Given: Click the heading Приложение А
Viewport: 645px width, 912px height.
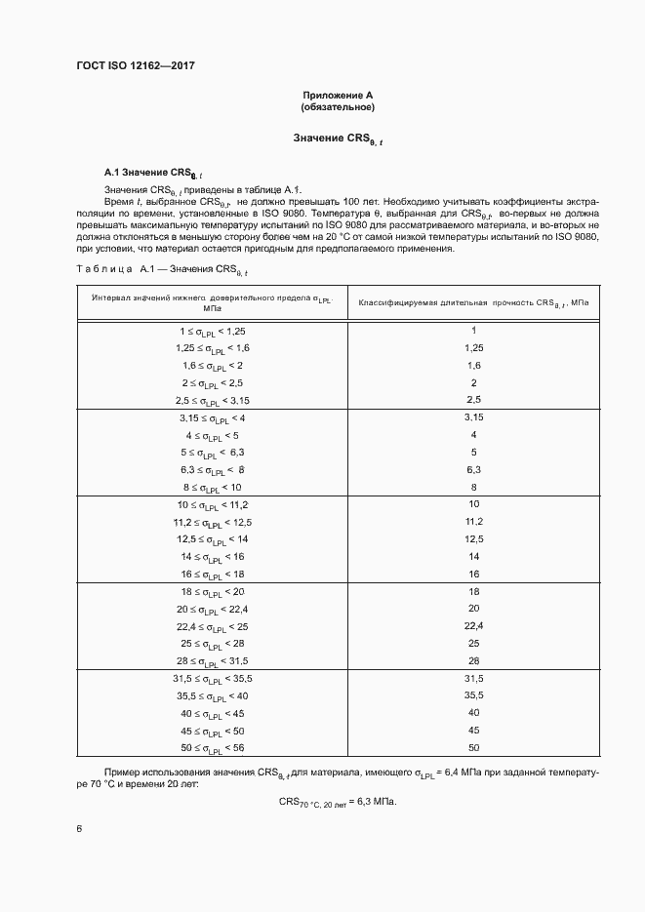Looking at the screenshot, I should [339, 95].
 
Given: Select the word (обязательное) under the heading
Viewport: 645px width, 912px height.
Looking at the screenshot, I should [339, 107].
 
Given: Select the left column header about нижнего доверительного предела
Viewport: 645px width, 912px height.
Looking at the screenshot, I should [212, 303].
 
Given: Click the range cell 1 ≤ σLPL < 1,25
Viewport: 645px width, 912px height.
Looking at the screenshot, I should [212, 332].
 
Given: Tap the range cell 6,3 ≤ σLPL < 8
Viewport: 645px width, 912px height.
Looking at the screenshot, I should [212, 469].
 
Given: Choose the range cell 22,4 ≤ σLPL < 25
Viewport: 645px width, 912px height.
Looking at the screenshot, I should [212, 625].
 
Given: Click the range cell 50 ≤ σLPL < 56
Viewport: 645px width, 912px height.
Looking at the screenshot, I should [212, 747].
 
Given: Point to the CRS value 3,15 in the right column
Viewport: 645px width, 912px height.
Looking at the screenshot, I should [473, 417].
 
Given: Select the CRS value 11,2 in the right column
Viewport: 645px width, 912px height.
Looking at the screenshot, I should [473, 522].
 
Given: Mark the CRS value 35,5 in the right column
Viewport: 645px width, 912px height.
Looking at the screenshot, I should [473, 695].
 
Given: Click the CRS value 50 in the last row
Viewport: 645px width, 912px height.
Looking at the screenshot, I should [473, 747].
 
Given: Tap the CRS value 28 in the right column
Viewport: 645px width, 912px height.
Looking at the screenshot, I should [473, 660].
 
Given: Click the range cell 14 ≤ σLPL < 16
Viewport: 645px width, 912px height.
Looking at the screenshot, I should [212, 556].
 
